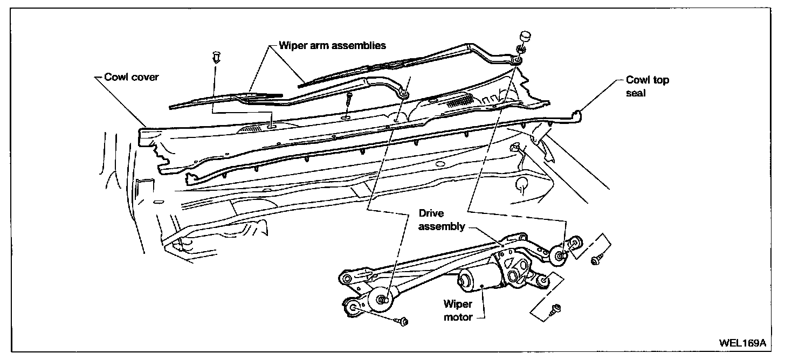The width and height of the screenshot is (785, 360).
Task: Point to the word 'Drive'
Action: pyautogui.click(x=431, y=214)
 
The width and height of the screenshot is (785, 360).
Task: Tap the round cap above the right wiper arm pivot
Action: pyautogui.click(x=526, y=37)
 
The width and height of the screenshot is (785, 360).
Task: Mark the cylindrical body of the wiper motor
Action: pyautogui.click(x=477, y=280)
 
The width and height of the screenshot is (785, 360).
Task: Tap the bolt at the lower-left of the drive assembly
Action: pyautogui.click(x=402, y=322)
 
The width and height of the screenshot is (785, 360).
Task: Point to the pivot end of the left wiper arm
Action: pyautogui.click(x=403, y=95)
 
